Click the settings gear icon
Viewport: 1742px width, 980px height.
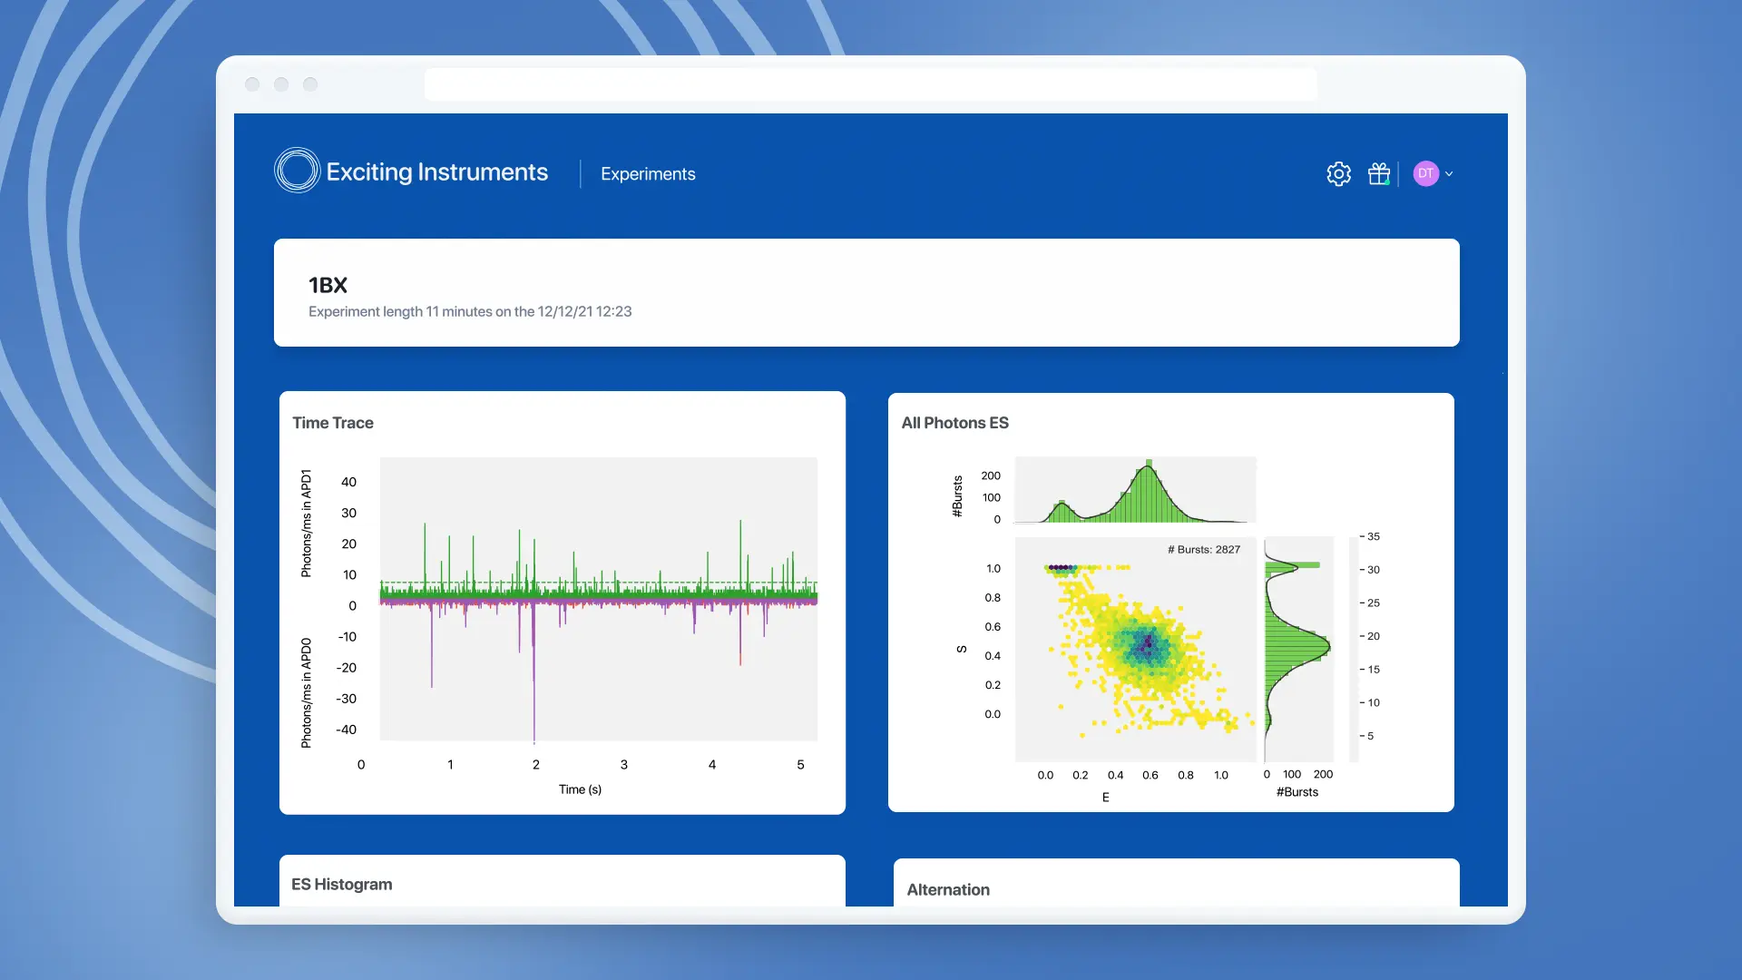coord(1338,174)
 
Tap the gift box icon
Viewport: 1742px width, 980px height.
coord(1379,174)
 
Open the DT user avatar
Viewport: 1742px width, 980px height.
coord(1426,174)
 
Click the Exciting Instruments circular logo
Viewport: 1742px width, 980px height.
coord(297,171)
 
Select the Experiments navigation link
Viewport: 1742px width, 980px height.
coord(648,174)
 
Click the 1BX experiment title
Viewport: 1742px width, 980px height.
coord(328,286)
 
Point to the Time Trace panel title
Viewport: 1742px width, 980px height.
coord(333,423)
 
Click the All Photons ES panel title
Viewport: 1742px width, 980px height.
coord(954,423)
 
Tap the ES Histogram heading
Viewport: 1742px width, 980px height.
coord(342,885)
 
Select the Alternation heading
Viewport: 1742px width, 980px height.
coord(948,890)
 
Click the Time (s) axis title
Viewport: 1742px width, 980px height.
coord(580,789)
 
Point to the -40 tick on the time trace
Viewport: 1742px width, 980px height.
coord(347,730)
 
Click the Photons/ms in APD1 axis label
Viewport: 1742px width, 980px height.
coord(307,524)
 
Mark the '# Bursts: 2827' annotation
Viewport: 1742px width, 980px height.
coord(1203,550)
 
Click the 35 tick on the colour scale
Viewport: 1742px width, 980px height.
coord(1374,537)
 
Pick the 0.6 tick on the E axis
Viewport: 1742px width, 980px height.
coord(1150,775)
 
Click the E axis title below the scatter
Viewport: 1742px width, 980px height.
coord(1105,798)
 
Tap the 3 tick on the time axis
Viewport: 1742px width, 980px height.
coord(624,765)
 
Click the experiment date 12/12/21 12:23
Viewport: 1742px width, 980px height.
coord(584,312)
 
